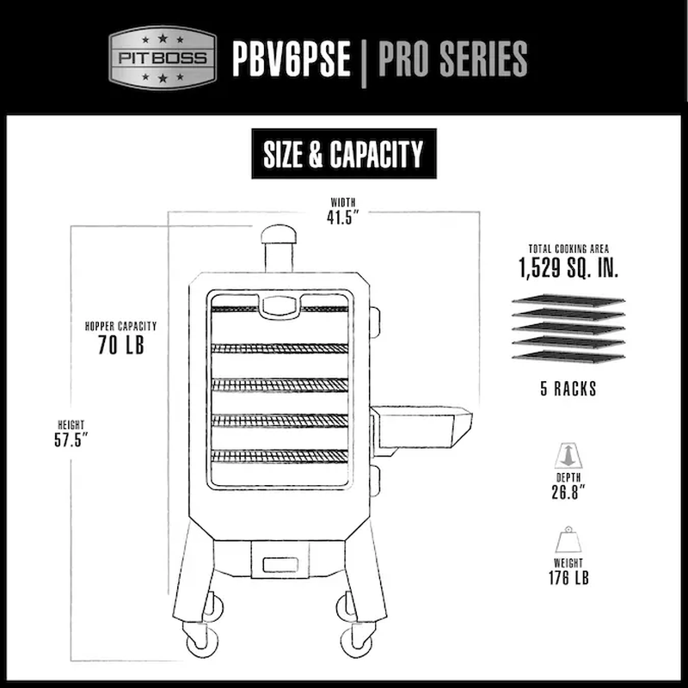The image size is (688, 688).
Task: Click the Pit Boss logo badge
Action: [x=163, y=58]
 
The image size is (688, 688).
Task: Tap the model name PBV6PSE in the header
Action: [x=292, y=58]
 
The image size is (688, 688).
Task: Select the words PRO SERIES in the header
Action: [x=452, y=58]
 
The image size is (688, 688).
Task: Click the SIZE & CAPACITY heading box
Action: [x=344, y=154]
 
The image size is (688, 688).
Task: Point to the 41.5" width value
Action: [x=343, y=218]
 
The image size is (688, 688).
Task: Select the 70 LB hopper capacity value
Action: [x=121, y=345]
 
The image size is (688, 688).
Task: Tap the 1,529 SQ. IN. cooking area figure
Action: [x=568, y=267]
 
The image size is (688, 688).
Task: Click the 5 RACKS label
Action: [x=568, y=389]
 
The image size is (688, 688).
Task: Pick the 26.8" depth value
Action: [x=568, y=492]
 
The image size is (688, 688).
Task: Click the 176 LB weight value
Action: [x=568, y=578]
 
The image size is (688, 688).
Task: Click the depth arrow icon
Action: [x=568, y=456]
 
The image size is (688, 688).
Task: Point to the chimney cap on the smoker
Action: [x=279, y=235]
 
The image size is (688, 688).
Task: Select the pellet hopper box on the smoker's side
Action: [x=421, y=427]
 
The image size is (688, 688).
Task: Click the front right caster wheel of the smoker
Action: [x=357, y=641]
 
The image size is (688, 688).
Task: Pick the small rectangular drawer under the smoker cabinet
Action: [x=280, y=565]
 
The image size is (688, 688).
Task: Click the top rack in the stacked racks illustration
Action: [x=568, y=300]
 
